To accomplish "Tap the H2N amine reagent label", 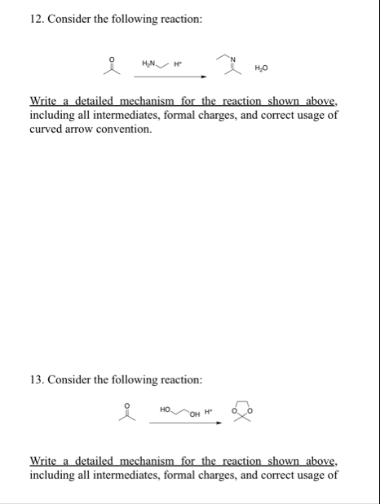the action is click(x=150, y=64).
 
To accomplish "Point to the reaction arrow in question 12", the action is click(x=170, y=77).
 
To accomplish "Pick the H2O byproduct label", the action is click(x=261, y=67).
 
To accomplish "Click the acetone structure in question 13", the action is click(x=124, y=412).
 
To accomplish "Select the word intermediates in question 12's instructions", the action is click(x=147, y=115).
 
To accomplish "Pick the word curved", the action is click(x=46, y=129).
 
